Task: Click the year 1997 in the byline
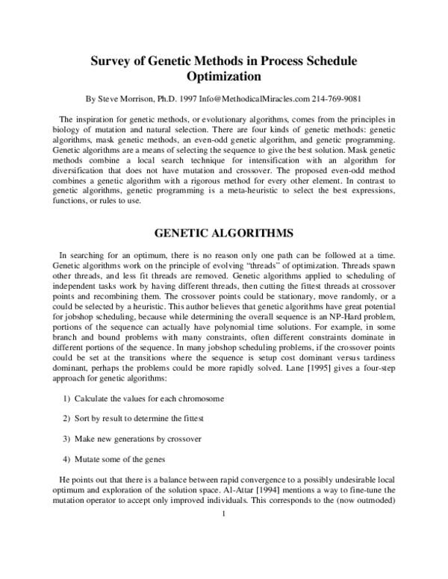[x=185, y=98]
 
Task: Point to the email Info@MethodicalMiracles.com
[x=255, y=98]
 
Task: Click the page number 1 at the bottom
[x=223, y=513]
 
